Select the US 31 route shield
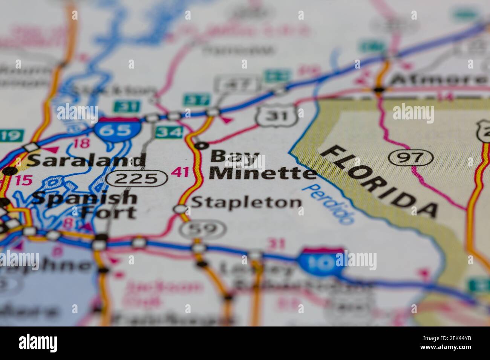coord(277,115)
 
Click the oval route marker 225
coord(136,177)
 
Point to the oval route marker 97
coord(411,157)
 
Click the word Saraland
coord(86,160)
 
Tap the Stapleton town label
coord(247,203)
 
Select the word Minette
coord(263,173)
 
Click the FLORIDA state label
coord(378,181)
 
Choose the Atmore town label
coord(438,80)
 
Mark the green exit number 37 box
coord(196,101)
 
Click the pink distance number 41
coord(179,172)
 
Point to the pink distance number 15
coord(24,180)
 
